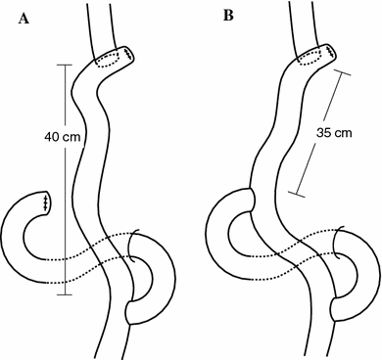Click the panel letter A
[x=20, y=16]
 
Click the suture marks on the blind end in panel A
[x=46, y=202]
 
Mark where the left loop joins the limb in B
[x=252, y=201]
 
